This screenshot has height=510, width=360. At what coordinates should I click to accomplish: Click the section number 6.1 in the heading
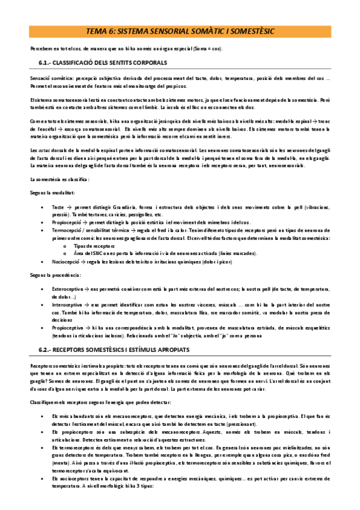pos(45,63)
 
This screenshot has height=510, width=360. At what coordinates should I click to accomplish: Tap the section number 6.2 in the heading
pos(45,349)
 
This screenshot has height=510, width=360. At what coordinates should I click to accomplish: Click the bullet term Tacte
pos(59,207)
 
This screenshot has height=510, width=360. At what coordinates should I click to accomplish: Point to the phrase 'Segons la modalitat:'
pos(52,193)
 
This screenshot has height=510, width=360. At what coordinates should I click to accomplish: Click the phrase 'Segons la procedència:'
pos(55,275)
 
